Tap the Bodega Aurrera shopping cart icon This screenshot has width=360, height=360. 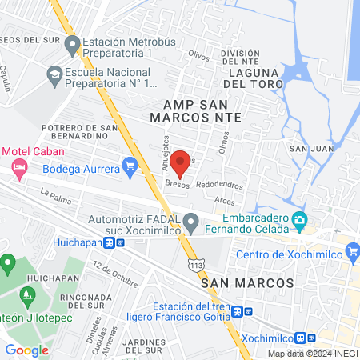pyautogui.click(x=130, y=166)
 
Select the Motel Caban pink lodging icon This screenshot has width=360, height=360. pyautogui.click(x=20, y=167)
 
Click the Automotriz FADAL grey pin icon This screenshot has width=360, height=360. pyautogui.click(x=190, y=221)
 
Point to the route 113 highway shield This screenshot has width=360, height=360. pyautogui.click(x=196, y=264)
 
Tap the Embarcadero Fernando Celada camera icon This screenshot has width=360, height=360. pyautogui.click(x=299, y=219)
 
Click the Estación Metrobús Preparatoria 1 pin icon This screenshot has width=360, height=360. pyautogui.click(x=72, y=45)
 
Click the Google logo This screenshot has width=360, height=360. pyautogui.click(x=26, y=350)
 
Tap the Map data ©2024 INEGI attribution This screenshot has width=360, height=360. pyautogui.click(x=312, y=354)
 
